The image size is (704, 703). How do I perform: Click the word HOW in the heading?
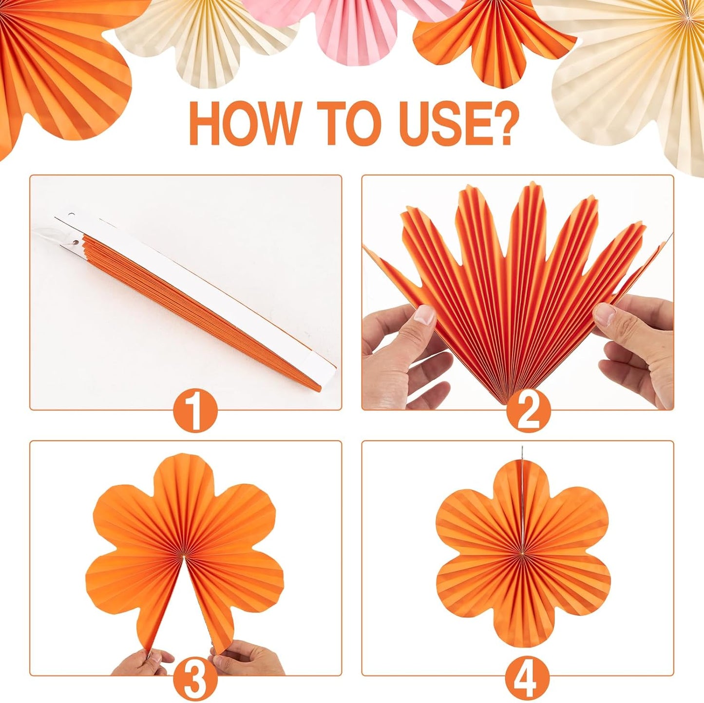(244, 122)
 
